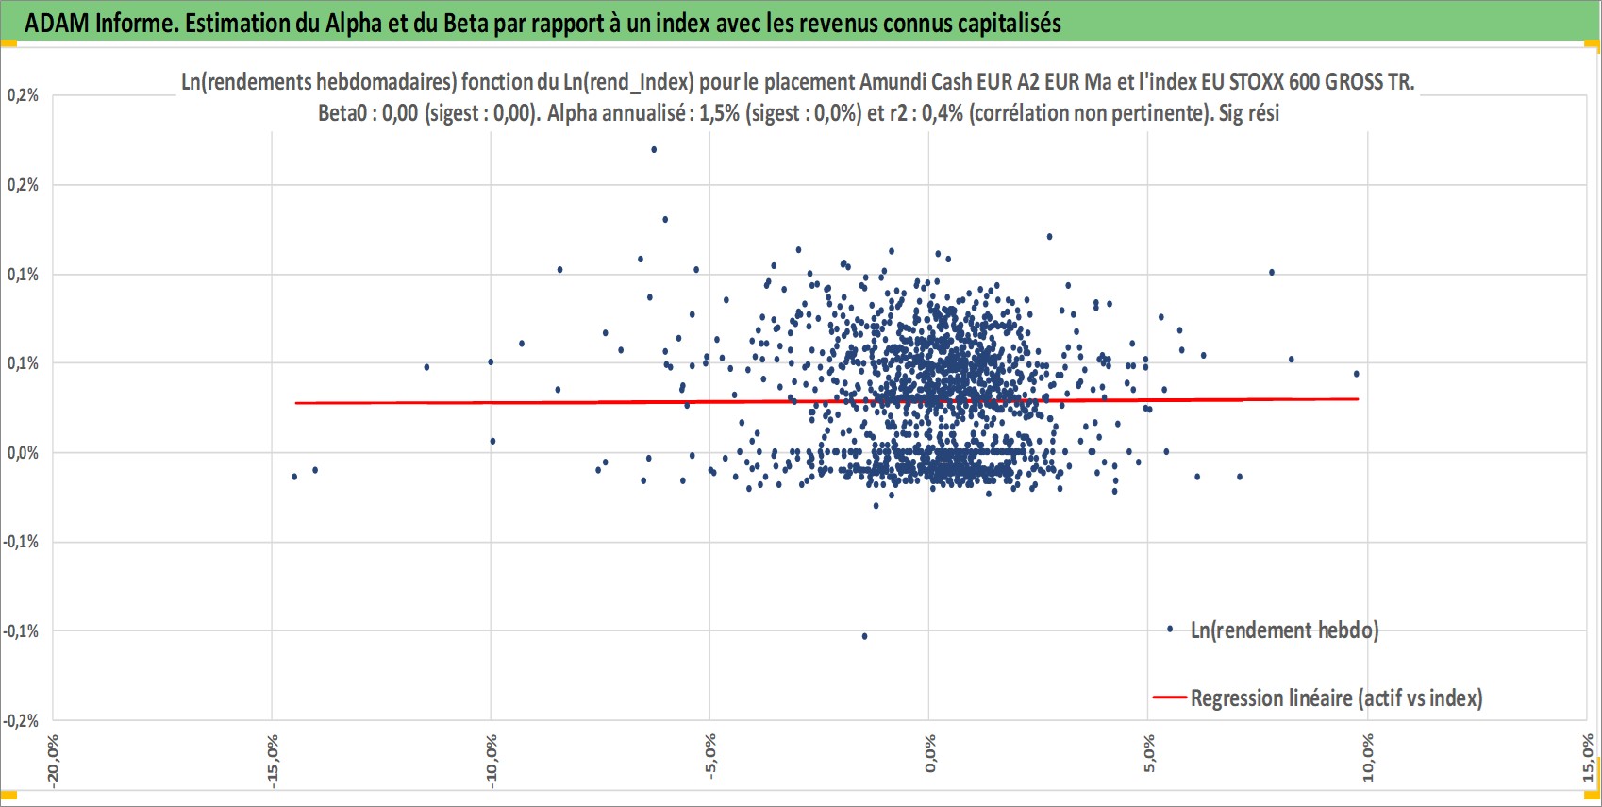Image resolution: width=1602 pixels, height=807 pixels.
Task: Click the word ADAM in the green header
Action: tap(57, 23)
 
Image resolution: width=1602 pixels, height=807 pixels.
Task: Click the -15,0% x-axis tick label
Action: tap(273, 761)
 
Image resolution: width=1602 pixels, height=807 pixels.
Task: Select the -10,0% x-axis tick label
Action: tap(492, 761)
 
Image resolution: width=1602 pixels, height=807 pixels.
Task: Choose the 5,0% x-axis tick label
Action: tap(1149, 753)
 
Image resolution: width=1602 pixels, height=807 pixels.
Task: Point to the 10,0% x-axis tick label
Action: tap(1368, 758)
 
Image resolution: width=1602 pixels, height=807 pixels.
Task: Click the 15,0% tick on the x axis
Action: tap(1588, 758)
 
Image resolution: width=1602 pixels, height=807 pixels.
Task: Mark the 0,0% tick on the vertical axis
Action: tap(23, 453)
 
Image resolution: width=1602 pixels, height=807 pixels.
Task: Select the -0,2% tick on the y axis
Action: tap(20, 720)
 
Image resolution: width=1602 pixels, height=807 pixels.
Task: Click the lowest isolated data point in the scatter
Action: tap(864, 636)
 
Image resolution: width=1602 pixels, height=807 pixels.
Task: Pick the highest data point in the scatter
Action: tap(654, 149)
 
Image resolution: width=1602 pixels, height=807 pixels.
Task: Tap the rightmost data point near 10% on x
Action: tap(1356, 374)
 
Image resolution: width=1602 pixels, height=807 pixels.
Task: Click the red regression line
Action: tap(826, 401)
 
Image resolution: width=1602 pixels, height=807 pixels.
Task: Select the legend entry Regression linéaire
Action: tap(1318, 698)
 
